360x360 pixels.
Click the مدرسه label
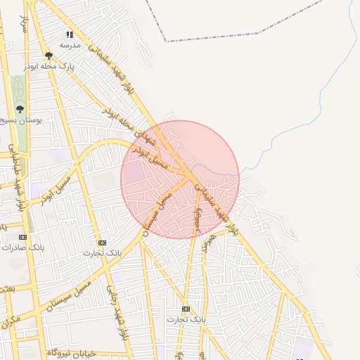pos(70,45)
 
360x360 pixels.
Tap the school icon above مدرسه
pos(70,34)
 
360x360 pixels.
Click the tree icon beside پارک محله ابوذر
pos(49,55)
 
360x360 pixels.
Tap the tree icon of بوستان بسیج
pos(20,109)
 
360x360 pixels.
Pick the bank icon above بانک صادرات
pos(22,237)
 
